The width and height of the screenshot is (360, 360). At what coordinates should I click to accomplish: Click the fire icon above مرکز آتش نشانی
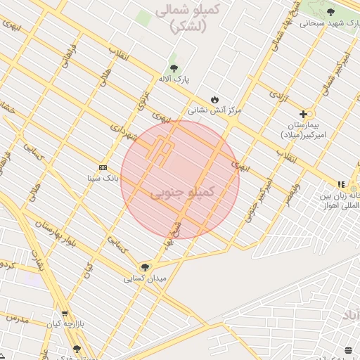pyautogui.click(x=214, y=99)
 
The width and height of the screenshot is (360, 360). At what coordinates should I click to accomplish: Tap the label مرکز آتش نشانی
pyautogui.click(x=214, y=110)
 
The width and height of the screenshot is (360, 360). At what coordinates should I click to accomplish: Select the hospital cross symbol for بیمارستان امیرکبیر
pyautogui.click(x=303, y=114)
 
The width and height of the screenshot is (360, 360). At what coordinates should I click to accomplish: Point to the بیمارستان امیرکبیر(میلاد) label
pyautogui.click(x=300, y=129)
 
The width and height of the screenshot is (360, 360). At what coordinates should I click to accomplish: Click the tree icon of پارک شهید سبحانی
pyautogui.click(x=330, y=12)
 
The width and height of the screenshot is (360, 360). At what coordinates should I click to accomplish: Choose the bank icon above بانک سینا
pyautogui.click(x=103, y=167)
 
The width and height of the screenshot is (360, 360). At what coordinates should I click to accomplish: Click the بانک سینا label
pyautogui.click(x=103, y=179)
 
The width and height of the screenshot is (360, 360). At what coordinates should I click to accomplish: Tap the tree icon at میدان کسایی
pyautogui.click(x=145, y=267)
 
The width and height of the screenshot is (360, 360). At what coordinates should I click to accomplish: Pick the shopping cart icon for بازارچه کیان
pyautogui.click(x=65, y=314)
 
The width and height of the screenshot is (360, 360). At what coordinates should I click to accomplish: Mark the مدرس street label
pyautogui.click(x=19, y=318)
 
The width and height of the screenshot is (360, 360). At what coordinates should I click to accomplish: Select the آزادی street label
pyautogui.click(x=283, y=98)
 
